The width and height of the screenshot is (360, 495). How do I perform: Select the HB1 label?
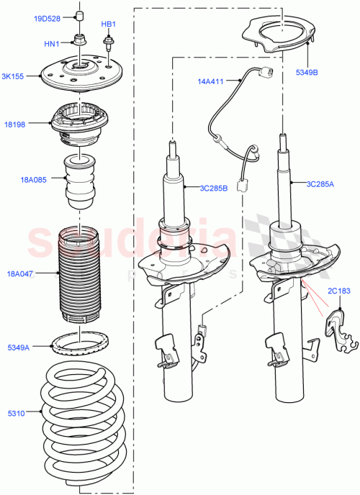[108, 24]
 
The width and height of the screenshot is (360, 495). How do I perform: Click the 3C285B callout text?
[214, 188]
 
